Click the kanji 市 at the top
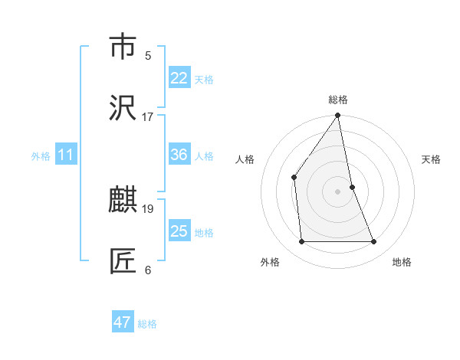point(123,47)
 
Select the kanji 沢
point(123,108)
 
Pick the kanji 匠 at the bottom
point(123,261)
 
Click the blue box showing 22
point(179,78)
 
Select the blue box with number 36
point(179,155)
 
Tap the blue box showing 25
point(179,231)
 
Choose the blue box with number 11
point(66,155)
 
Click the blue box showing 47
point(123,322)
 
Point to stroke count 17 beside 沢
point(148,117)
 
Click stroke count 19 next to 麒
point(148,208)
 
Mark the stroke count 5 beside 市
point(148,56)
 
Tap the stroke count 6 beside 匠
point(148,270)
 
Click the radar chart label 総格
point(338,100)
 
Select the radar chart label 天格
point(432,159)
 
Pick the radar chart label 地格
point(402,262)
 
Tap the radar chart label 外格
point(270,262)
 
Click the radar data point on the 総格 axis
point(338,116)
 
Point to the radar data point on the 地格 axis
point(374,242)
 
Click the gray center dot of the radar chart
point(338,191)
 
